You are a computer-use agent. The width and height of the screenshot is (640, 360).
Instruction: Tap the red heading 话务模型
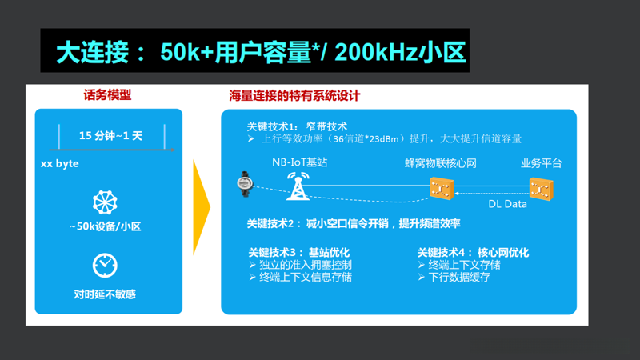(106, 95)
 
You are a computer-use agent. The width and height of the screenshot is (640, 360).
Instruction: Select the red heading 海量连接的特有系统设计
(294, 95)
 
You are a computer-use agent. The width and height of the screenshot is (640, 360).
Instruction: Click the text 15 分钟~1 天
(110, 135)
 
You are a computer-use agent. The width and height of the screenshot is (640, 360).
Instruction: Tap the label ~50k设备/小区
(105, 226)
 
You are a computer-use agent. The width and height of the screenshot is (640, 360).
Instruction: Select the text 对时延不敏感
(105, 294)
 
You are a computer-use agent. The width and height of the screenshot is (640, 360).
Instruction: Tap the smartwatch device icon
(245, 183)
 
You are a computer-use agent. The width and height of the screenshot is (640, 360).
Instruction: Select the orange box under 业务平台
(542, 190)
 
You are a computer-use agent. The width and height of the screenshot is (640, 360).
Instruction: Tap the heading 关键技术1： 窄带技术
(297, 126)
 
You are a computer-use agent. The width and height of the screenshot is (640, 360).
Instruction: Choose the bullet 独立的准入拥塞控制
(305, 265)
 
